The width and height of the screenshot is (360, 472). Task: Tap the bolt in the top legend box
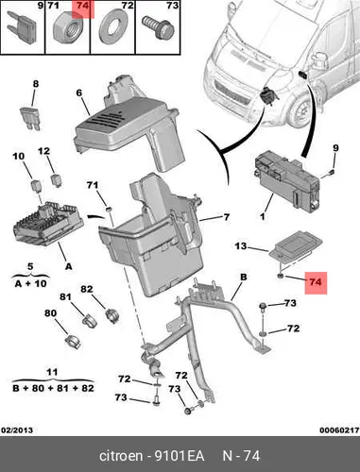click(158, 28)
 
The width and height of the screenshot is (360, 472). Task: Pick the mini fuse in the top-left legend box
click(22, 28)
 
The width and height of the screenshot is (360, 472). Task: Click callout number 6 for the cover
click(78, 93)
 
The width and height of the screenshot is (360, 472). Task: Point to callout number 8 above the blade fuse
click(36, 84)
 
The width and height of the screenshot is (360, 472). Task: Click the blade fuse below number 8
click(30, 119)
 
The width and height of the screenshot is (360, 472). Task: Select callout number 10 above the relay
click(19, 156)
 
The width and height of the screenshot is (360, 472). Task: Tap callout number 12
click(43, 151)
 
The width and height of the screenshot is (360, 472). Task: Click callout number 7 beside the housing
click(227, 217)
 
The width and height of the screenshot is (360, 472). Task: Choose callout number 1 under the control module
click(263, 216)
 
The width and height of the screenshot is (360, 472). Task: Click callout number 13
click(241, 245)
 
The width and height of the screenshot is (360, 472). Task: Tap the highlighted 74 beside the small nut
click(316, 282)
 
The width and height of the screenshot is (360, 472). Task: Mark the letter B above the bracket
click(244, 278)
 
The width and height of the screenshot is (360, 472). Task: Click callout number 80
click(50, 313)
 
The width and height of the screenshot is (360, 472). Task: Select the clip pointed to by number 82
click(111, 315)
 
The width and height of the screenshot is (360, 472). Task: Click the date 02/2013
click(17, 430)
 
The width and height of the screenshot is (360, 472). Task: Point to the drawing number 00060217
click(339, 430)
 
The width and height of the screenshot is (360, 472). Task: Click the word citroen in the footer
click(121, 456)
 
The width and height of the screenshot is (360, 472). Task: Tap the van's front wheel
click(300, 111)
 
